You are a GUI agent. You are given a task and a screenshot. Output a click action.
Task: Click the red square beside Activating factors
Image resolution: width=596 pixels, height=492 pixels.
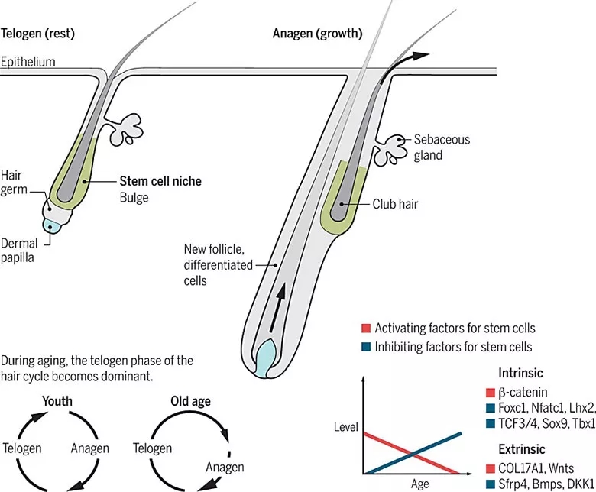tap(366, 329)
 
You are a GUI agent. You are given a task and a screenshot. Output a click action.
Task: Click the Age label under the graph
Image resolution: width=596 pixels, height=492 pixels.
tap(419, 484)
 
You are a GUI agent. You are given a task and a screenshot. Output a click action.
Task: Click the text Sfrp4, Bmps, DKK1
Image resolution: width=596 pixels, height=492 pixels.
tap(543, 484)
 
